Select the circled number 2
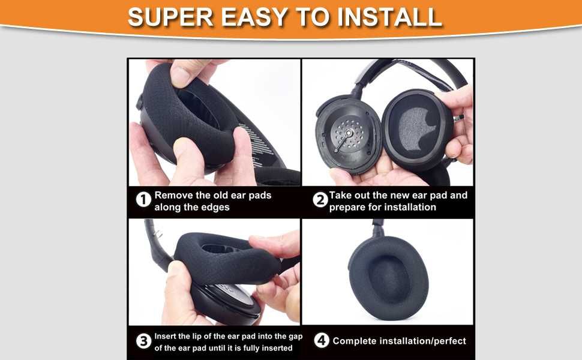(320, 200)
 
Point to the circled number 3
(143, 341)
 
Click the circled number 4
(322, 340)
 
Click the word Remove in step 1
(174, 195)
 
